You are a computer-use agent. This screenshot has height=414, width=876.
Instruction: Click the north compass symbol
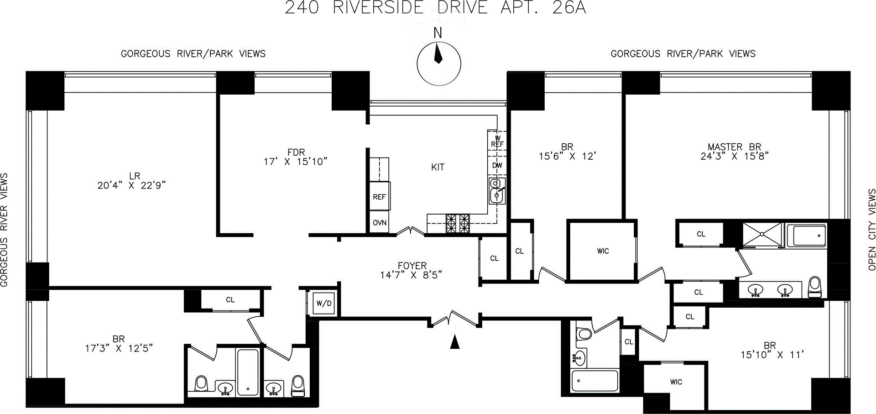point(438,63)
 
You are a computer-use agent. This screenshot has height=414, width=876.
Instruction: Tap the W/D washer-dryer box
point(324,304)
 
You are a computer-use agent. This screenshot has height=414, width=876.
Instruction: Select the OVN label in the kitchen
point(380,223)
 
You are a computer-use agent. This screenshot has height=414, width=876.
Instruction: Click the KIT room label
point(438,168)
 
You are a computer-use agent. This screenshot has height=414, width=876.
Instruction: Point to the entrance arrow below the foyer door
point(454,342)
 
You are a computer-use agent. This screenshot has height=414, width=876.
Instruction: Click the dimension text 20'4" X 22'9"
point(131,185)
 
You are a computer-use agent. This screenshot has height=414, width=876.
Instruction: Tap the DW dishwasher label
point(497,165)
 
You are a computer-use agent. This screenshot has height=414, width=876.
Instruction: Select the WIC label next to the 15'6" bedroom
point(603,251)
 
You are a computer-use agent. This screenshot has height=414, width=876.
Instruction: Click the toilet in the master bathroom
point(814,287)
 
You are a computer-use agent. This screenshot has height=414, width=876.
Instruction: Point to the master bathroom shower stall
point(762,235)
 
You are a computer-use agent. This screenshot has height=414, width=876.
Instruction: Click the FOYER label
point(412,265)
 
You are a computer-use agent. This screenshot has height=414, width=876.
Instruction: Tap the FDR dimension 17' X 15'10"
point(296,162)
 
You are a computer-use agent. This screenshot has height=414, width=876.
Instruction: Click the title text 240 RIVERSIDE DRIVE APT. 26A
point(435,8)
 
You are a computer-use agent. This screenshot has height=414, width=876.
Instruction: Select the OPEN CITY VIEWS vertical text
point(872,230)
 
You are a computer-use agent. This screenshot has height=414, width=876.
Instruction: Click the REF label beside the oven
point(379,197)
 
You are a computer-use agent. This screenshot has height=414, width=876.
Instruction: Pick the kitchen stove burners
point(458,224)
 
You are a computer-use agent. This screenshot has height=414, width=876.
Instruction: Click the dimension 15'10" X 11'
point(772,355)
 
